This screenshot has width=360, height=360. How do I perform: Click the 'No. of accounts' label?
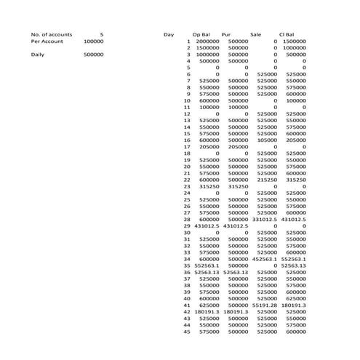click(51, 34)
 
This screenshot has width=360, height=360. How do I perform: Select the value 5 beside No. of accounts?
click(101, 34)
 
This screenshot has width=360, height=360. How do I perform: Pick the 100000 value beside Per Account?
click(93, 41)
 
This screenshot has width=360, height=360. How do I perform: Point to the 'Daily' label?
click(39, 55)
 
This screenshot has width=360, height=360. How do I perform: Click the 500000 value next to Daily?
click(93, 55)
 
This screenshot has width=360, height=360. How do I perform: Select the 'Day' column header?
click(169, 34)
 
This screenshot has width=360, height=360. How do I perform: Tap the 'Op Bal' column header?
click(201, 34)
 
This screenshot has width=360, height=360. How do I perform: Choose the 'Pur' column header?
click(226, 34)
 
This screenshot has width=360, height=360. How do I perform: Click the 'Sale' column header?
click(255, 34)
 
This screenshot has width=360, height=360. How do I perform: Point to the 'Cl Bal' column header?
click(287, 34)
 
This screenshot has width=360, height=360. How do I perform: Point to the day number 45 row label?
click(187, 331)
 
